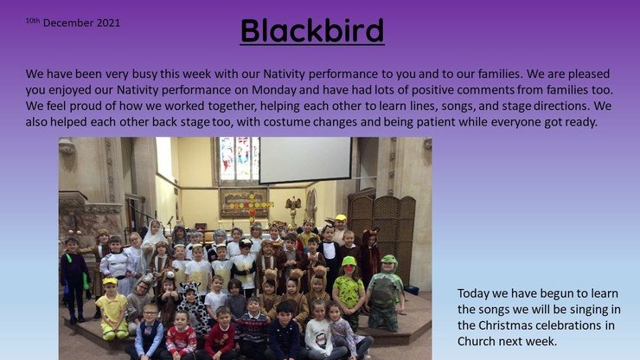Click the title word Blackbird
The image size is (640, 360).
point(312,30)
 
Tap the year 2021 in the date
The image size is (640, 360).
point(109,22)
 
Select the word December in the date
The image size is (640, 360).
point(68,22)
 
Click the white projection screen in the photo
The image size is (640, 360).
point(305,160)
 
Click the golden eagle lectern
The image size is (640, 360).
point(293,209)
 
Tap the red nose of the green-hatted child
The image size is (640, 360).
point(349,268)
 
